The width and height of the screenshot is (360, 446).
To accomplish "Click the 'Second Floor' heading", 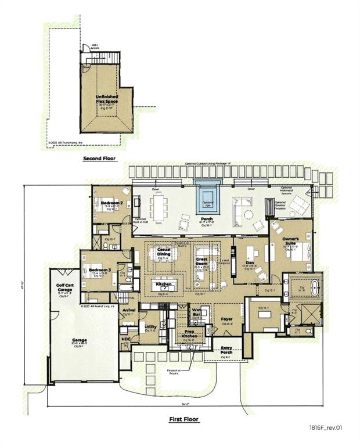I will [99, 158].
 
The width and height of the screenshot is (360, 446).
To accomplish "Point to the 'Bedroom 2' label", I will [111, 203].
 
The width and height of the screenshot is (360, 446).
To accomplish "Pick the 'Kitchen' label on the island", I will [163, 284].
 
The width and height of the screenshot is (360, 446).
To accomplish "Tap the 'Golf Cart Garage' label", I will [64, 289].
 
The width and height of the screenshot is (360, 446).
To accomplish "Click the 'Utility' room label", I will [150, 328].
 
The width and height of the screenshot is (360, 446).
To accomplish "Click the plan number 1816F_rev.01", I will [330, 427].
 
